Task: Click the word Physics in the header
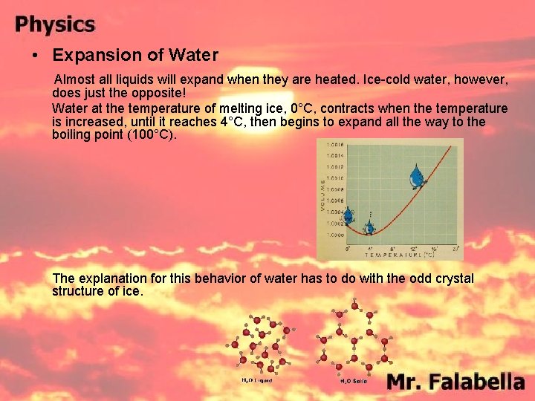click(56, 25)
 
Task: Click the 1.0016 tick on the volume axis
click(334, 145)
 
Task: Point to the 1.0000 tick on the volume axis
click(334, 234)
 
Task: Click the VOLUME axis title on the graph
click(322, 193)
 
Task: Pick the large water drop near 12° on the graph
click(417, 177)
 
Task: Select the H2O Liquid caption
click(257, 380)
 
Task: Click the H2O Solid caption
click(354, 381)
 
